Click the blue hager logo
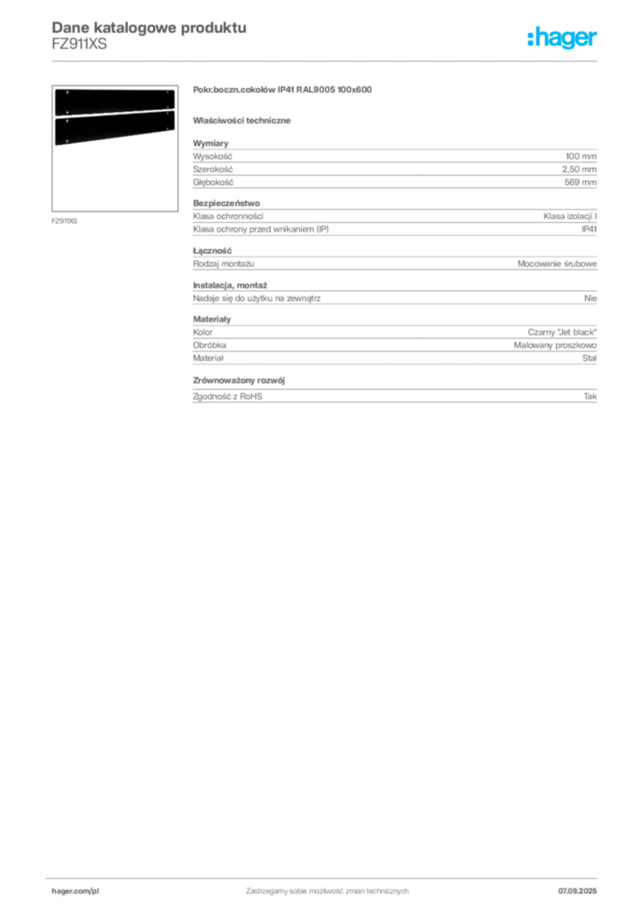click(x=563, y=37)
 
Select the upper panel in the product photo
click(x=114, y=101)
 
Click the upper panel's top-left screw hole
click(x=58, y=92)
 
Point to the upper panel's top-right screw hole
click(x=170, y=91)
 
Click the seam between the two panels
click(x=114, y=115)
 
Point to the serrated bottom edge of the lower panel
click(x=114, y=143)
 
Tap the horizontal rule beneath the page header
click(x=327, y=60)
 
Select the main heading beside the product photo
click(x=284, y=89)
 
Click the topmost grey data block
click(x=393, y=164)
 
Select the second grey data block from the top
click(x=393, y=223)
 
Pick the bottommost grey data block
click(x=393, y=393)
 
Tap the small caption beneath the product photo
click(x=64, y=217)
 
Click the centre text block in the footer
click(x=327, y=888)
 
